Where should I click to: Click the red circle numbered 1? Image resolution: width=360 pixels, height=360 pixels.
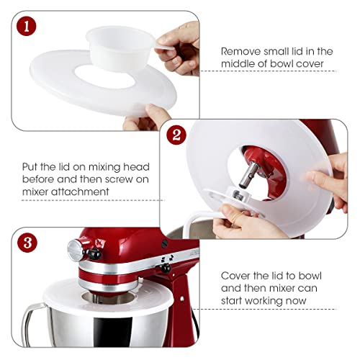27,26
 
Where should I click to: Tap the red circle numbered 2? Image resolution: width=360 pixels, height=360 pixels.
176,135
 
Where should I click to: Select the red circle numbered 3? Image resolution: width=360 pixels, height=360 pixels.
27,243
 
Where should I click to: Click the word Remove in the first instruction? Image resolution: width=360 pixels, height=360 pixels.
240,51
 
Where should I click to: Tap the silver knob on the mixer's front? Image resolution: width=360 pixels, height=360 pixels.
75,251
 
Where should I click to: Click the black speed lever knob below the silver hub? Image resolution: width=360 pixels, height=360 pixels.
92,254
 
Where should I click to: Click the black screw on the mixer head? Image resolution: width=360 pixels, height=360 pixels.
164,243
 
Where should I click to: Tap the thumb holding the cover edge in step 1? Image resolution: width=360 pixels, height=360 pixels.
157,114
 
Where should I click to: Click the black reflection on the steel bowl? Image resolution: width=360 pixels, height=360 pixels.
113,332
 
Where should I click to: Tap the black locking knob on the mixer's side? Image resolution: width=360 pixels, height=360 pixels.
166,268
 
